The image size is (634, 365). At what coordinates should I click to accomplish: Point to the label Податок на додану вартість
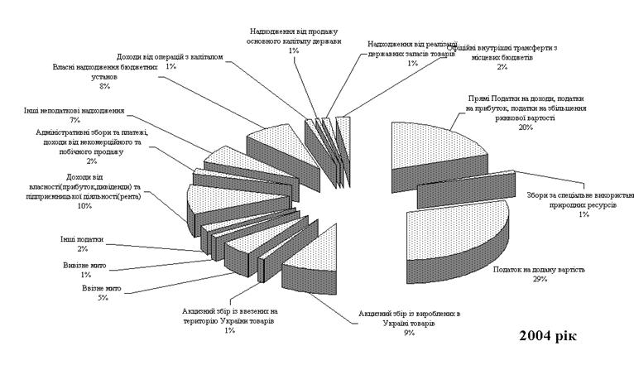[x=540, y=270]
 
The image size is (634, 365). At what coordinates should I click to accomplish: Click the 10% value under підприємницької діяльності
[x=84, y=207]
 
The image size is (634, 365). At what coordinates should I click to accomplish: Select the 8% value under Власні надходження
[x=104, y=85]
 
